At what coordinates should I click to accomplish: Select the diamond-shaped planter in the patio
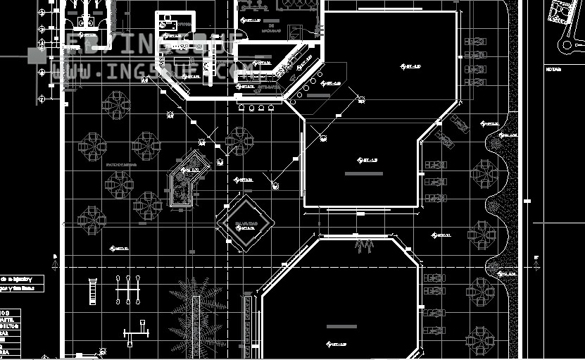coord(244,223)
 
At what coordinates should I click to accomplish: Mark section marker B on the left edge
coord(55,256)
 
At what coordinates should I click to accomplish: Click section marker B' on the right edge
coord(536,258)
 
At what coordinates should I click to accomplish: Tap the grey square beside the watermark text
coord(33,55)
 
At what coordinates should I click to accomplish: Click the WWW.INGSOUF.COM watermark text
coord(151,71)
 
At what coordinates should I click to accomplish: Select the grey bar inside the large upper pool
coord(364,173)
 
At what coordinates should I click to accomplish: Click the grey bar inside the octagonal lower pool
coord(341,326)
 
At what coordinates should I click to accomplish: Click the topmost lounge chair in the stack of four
coord(477,42)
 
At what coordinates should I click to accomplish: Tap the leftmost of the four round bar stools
coord(241,108)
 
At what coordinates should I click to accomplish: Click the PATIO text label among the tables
coord(120,164)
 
